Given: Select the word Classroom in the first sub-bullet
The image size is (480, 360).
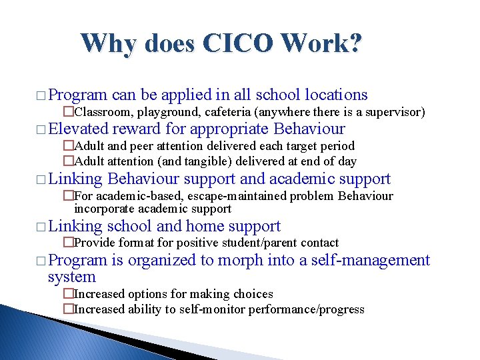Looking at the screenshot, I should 100,112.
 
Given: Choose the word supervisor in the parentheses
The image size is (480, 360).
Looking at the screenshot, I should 394,112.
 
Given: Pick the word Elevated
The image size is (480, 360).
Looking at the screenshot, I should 78,129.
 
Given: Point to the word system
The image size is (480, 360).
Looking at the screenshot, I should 72,277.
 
